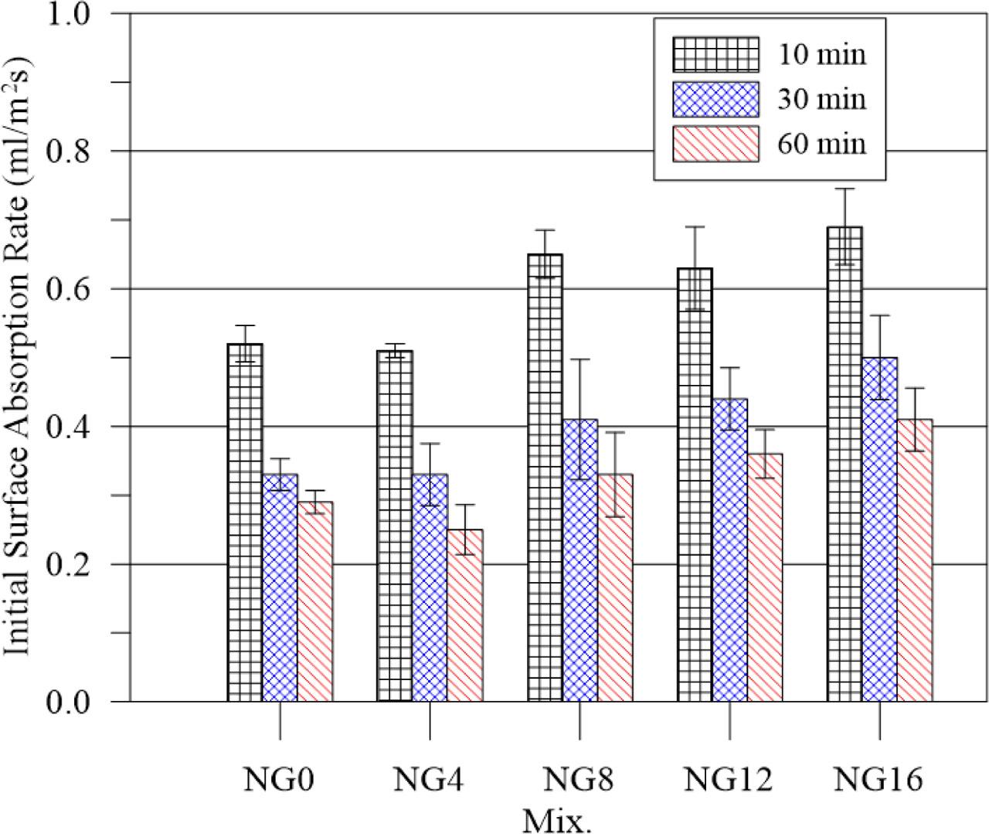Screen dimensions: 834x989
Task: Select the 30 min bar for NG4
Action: click(x=430, y=587)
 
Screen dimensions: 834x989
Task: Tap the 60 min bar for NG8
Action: click(x=614, y=587)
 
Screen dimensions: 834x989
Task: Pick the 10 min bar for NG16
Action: click(x=844, y=464)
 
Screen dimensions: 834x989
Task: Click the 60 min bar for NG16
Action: click(x=915, y=560)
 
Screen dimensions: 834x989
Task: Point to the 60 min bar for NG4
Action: click(x=465, y=615)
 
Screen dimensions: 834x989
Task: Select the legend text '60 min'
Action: click(x=821, y=144)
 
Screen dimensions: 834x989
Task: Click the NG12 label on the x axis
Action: click(x=728, y=781)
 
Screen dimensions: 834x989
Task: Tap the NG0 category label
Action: click(x=279, y=781)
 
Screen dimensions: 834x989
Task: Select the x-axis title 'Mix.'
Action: click(x=557, y=819)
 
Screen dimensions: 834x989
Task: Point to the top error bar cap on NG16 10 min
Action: click(x=845, y=189)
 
